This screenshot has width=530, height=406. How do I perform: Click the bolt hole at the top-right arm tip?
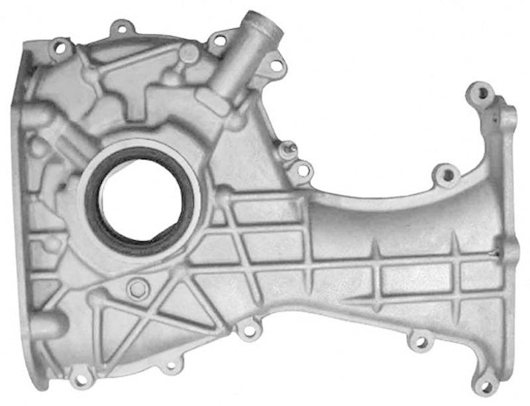click(x=480, y=91)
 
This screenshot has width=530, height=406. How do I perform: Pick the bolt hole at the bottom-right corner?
click(x=484, y=385)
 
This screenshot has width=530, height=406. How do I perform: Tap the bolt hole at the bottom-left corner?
click(x=81, y=379)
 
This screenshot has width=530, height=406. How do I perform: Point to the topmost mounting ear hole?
click(x=121, y=28)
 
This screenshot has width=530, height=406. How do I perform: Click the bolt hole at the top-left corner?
click(x=60, y=48)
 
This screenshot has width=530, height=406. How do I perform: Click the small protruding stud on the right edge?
click(x=287, y=150)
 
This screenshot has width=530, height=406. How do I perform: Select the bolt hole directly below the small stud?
click(x=303, y=170)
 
